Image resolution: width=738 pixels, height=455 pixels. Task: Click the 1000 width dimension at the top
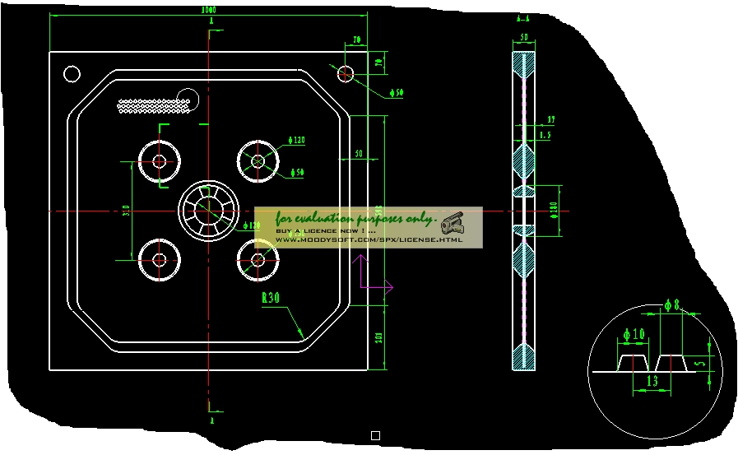click(x=209, y=10)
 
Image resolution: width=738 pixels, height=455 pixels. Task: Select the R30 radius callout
click(x=271, y=298)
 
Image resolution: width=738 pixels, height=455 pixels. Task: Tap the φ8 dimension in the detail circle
click(x=671, y=306)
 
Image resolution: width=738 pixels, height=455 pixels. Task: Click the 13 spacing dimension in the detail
click(x=652, y=381)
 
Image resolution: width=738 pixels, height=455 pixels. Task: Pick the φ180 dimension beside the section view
click(x=554, y=210)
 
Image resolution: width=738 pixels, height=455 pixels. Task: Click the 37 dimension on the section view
click(x=550, y=120)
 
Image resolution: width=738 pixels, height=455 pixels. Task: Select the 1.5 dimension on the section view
click(x=545, y=133)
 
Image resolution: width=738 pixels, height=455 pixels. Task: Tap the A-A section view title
click(x=522, y=17)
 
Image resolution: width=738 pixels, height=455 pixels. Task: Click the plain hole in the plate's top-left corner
click(x=72, y=74)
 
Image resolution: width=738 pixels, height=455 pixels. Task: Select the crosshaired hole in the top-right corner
click(x=346, y=73)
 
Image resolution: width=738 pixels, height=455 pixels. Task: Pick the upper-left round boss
click(x=159, y=160)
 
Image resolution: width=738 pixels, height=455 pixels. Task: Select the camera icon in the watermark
click(x=452, y=223)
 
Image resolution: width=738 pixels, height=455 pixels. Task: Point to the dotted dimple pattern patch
click(x=156, y=106)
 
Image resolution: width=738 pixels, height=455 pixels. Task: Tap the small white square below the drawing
click(x=375, y=435)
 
